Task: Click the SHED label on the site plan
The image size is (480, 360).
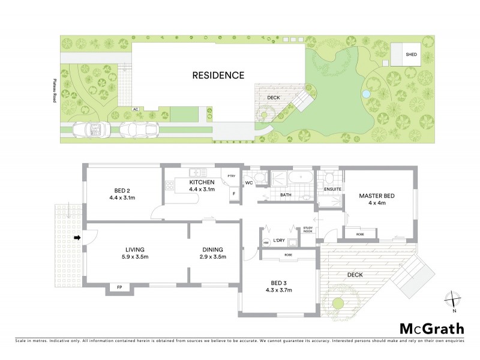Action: (x=411, y=55)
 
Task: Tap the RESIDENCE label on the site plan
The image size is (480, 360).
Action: (x=218, y=76)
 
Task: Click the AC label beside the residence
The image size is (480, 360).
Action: (x=137, y=109)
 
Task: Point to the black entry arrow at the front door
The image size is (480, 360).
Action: (x=77, y=238)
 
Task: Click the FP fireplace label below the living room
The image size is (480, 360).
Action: (x=117, y=288)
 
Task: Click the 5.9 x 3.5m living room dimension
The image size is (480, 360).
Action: (x=135, y=259)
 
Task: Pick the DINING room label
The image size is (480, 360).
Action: (x=212, y=250)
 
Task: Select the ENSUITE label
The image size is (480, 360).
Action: (x=332, y=190)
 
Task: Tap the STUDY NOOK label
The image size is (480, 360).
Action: (x=308, y=229)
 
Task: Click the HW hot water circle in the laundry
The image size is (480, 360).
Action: (x=266, y=242)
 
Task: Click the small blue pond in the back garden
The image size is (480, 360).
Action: (x=365, y=94)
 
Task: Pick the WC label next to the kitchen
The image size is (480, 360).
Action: (x=248, y=182)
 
